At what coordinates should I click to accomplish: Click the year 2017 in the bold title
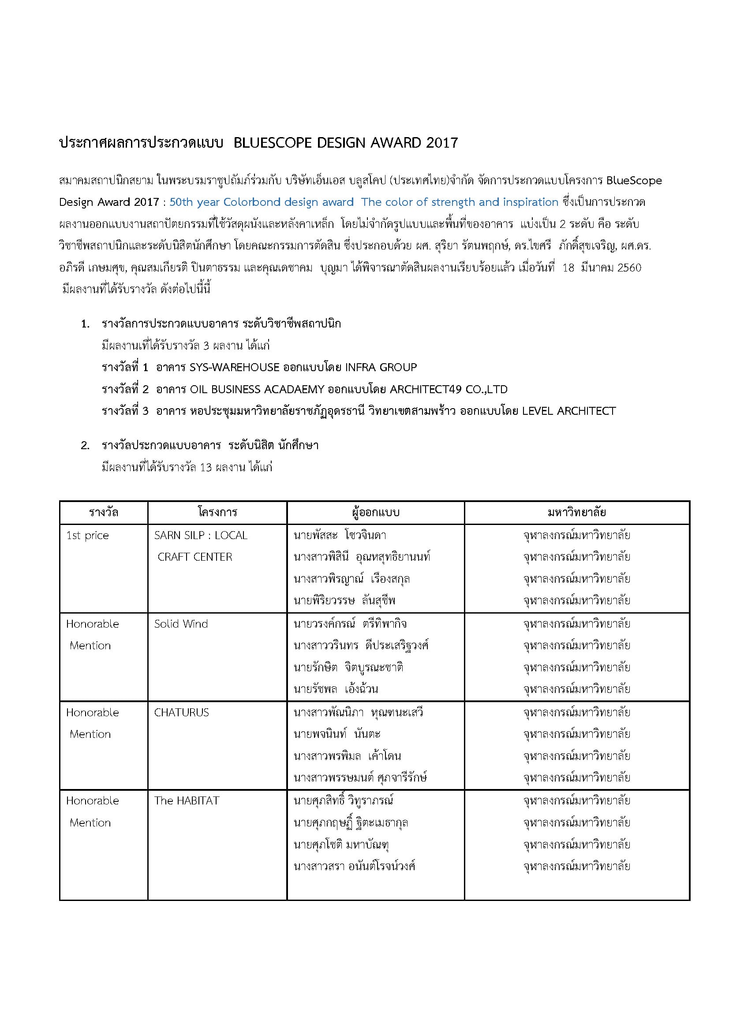(441, 143)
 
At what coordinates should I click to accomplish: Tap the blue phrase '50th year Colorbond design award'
(262, 202)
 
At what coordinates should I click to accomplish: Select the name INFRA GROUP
(381, 367)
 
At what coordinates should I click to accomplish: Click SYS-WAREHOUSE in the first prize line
(235, 367)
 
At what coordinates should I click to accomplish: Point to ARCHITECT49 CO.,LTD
(449, 389)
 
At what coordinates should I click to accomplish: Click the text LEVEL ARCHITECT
(568, 411)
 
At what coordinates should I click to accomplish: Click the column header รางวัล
(104, 512)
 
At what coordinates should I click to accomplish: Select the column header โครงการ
(217, 512)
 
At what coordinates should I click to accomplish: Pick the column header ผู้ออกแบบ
(375, 512)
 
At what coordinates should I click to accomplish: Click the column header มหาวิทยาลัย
(577, 512)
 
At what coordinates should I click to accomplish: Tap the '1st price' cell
(88, 536)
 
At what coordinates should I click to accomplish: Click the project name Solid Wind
(181, 624)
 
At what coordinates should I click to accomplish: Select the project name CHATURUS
(181, 713)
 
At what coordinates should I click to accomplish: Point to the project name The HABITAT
(187, 800)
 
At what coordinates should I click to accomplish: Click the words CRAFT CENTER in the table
(195, 557)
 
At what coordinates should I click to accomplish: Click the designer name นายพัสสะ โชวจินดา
(340, 536)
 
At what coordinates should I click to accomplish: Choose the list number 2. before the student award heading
(86, 446)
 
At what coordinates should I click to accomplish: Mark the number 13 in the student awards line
(206, 467)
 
